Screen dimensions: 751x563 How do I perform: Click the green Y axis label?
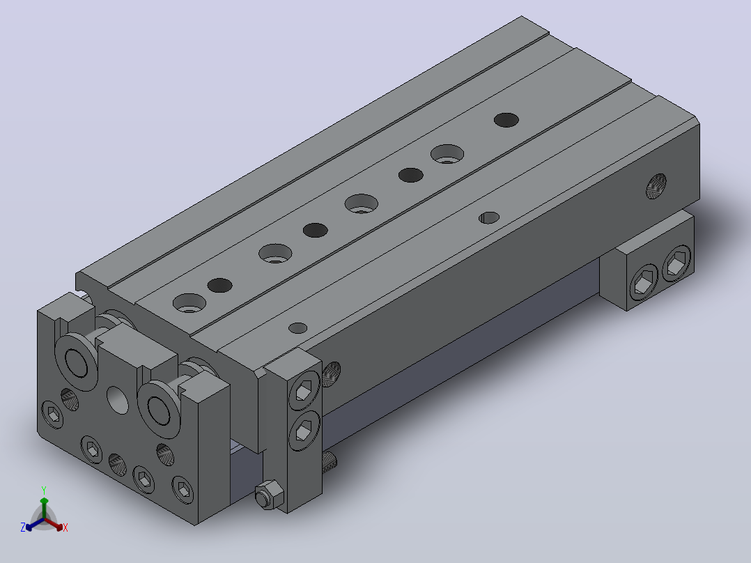[x=44, y=490]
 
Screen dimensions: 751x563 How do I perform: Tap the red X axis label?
[x=65, y=527]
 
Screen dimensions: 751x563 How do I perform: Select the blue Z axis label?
[x=22, y=527]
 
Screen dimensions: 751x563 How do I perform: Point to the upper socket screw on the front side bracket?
[x=304, y=390]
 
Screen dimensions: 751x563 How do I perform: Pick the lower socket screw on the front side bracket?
[x=304, y=431]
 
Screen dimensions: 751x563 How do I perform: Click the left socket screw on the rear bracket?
[x=643, y=281]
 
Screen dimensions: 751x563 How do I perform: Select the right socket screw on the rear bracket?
[x=676, y=263]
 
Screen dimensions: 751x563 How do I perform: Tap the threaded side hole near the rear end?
[x=656, y=186]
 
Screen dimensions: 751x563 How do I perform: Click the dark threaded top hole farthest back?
[x=506, y=120]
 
